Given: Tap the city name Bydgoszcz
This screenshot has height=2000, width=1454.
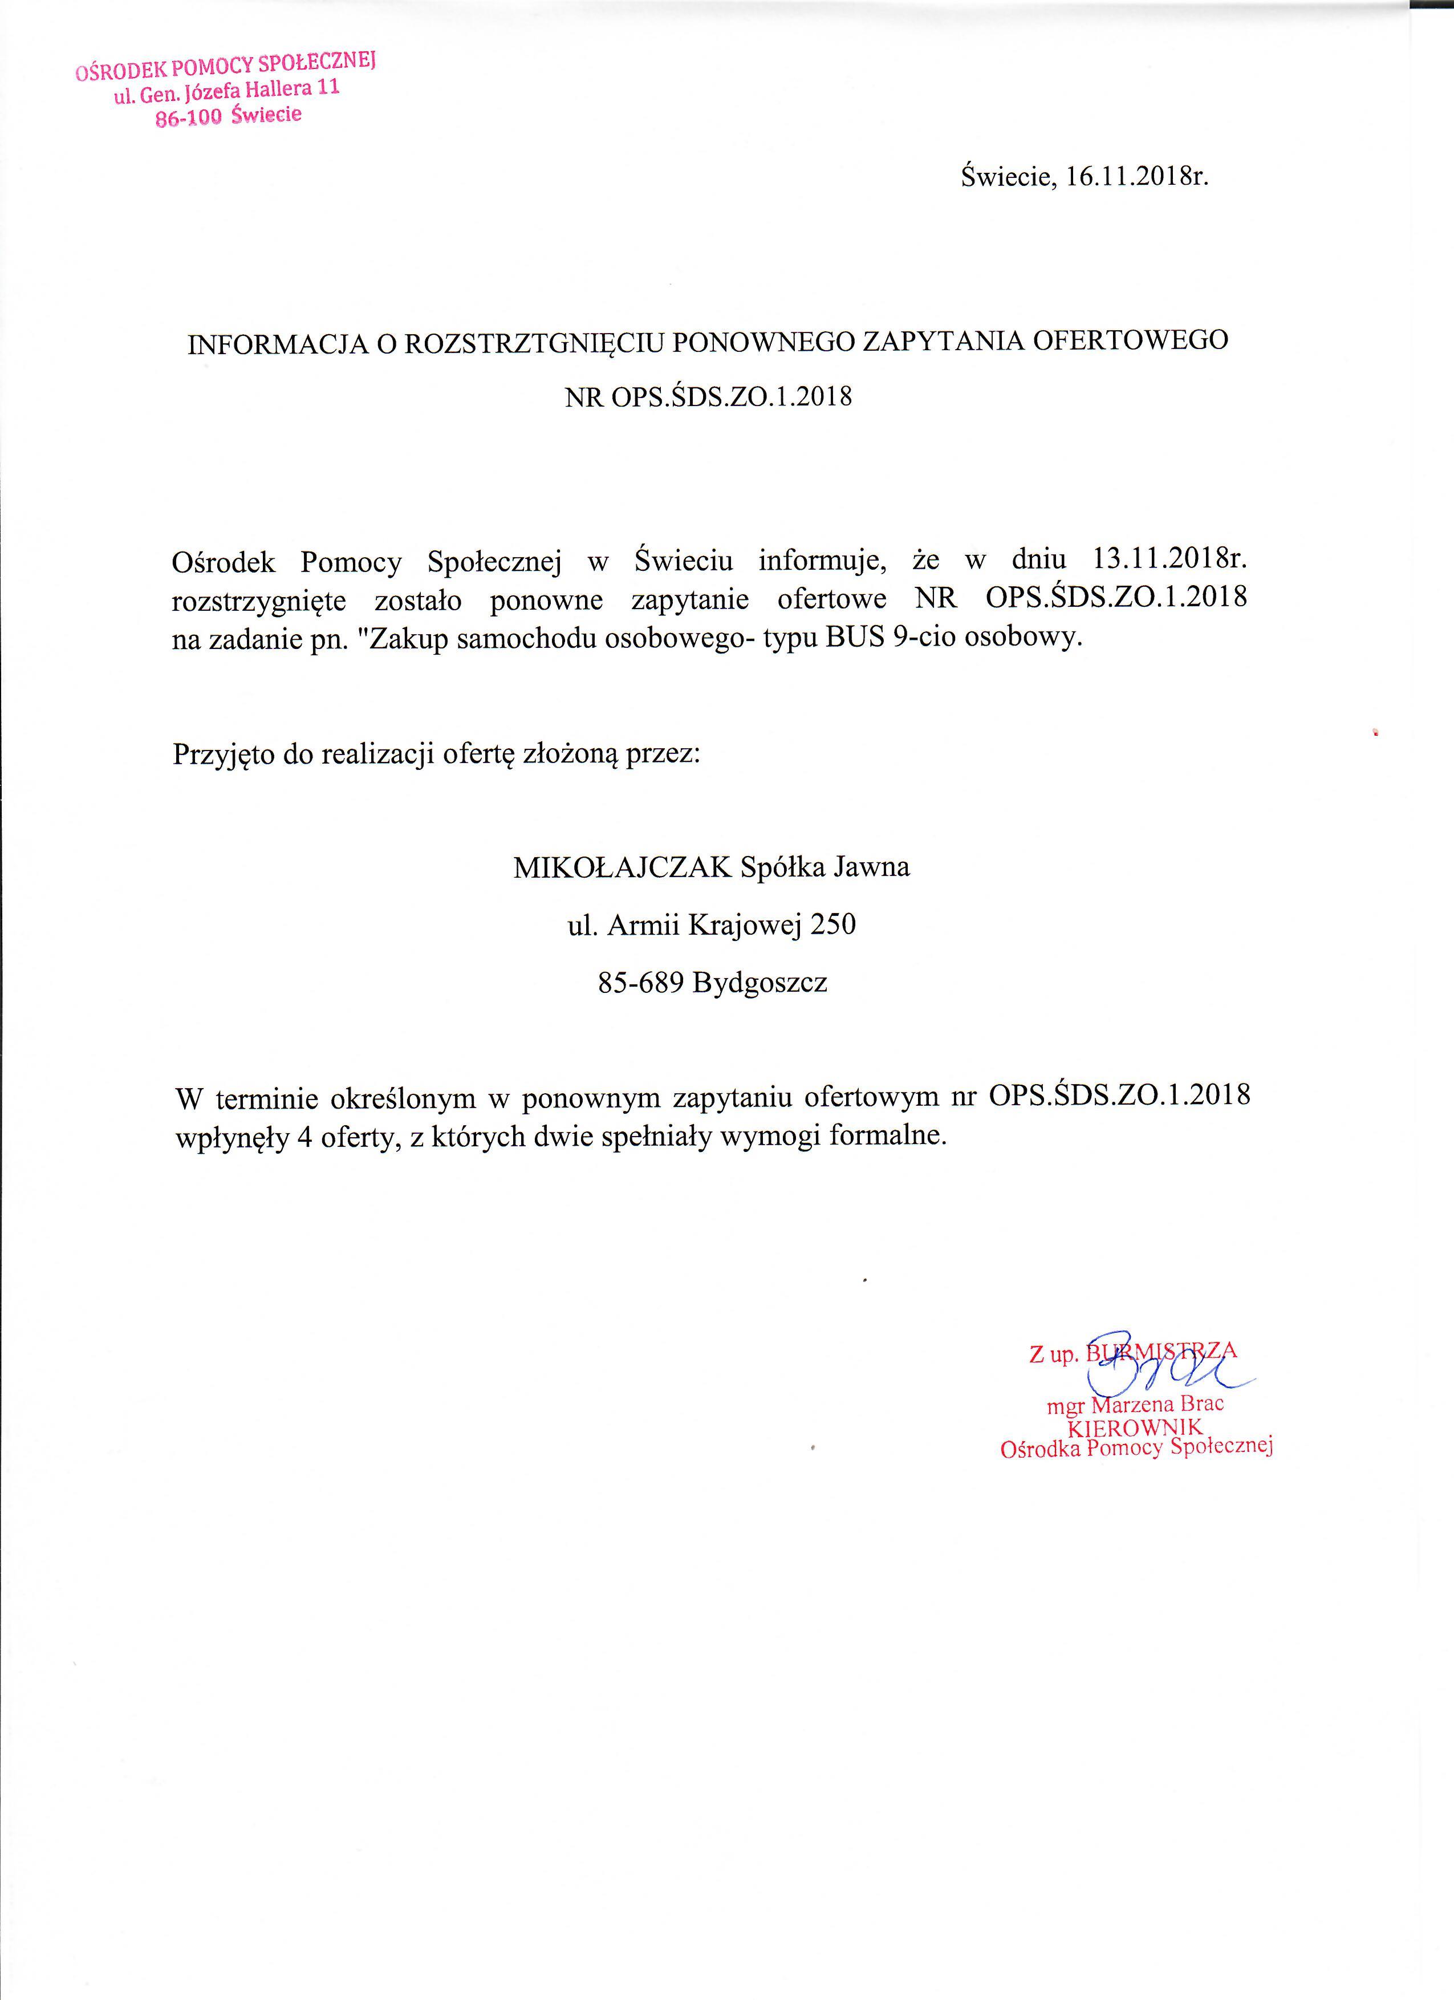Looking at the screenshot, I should click(x=760, y=983).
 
